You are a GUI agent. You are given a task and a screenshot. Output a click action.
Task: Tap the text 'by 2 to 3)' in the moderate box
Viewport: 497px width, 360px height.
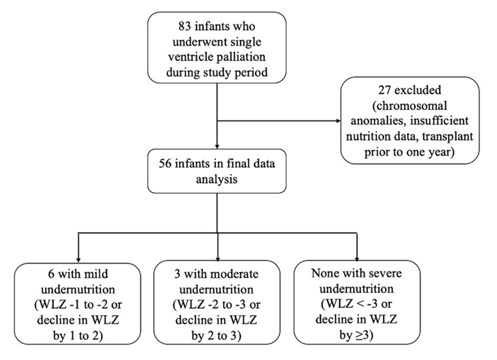(218, 334)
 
